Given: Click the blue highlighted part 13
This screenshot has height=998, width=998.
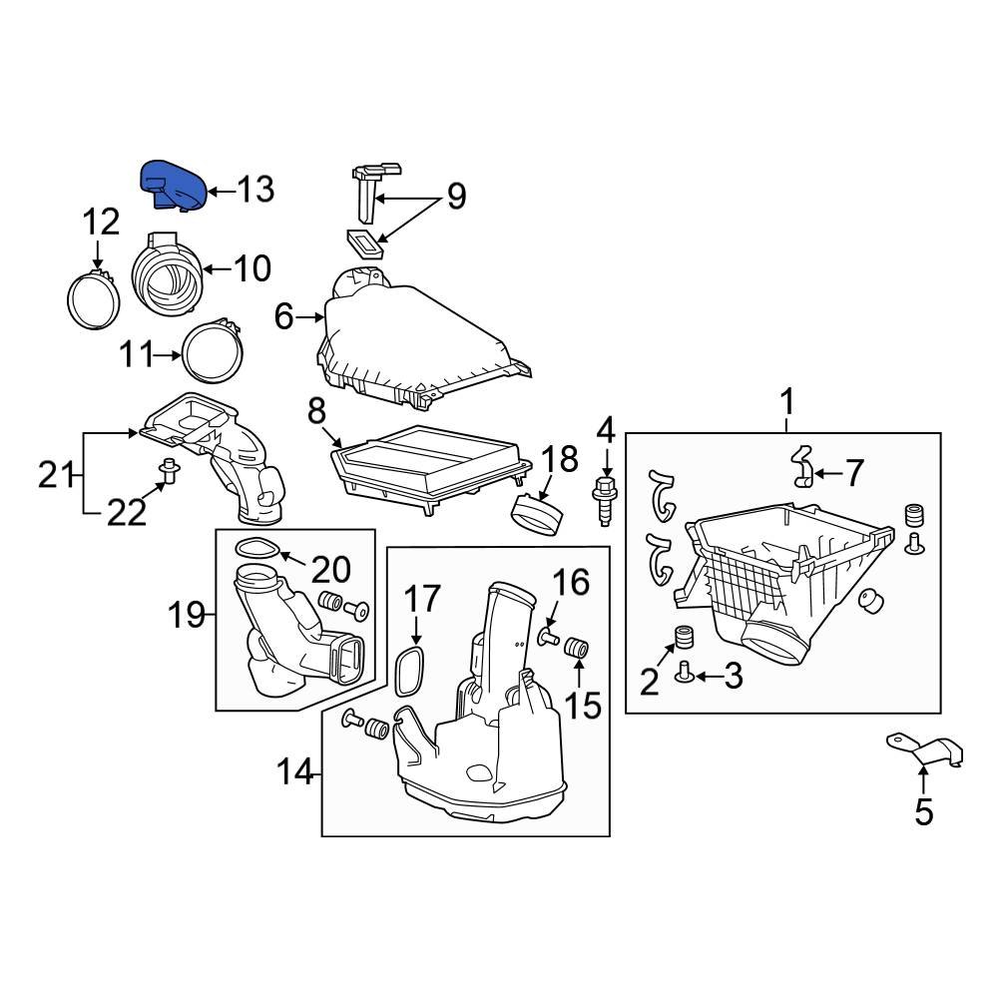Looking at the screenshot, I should click(172, 186).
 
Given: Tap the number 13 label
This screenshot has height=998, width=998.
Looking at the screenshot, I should click(255, 189).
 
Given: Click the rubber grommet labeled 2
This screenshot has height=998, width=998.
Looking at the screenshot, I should click(685, 638).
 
